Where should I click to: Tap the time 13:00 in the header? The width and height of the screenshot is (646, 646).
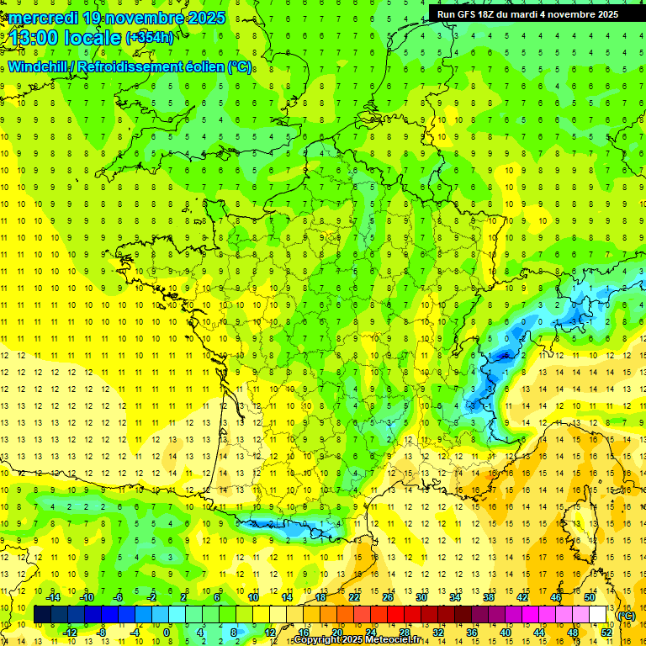[x=35, y=38]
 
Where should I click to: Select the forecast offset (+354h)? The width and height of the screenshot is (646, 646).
[x=150, y=38]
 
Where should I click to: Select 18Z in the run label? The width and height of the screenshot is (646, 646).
[x=492, y=13]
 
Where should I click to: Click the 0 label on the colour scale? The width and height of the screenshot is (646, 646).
[x=167, y=633]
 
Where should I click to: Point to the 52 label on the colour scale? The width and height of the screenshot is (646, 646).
[x=606, y=633]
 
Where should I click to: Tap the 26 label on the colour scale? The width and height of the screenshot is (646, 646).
[x=387, y=596]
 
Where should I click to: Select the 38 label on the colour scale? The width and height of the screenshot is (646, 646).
[x=488, y=596]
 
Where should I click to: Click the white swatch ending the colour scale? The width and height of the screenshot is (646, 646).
[x=598, y=615]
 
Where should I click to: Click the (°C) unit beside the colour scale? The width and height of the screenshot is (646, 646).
[x=626, y=615]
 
